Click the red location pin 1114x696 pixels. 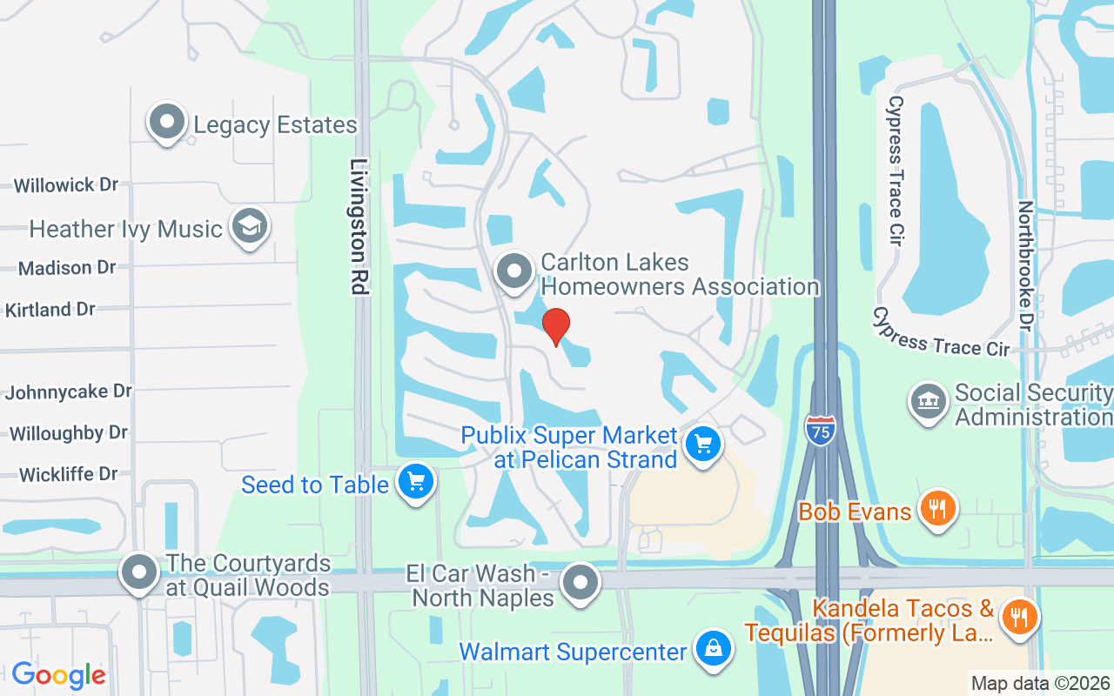click(556, 325)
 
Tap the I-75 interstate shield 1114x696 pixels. click(821, 431)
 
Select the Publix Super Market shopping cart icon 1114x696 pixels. click(703, 445)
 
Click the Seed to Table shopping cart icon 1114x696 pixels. click(415, 481)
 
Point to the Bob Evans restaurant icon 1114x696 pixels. click(936, 508)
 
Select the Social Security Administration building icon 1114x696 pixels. click(929, 401)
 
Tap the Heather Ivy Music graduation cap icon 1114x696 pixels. click(250, 227)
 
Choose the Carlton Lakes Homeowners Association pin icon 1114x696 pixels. click(514, 271)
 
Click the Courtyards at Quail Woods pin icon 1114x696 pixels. click(139, 572)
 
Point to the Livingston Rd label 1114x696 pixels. click(360, 226)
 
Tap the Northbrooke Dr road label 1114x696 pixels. click(1026, 266)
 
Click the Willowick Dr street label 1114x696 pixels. click(66, 184)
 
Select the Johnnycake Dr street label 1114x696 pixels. click(69, 391)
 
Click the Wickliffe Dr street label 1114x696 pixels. click(69, 474)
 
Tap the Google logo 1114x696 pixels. click(58, 674)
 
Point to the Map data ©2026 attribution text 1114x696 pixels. click(1041, 683)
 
